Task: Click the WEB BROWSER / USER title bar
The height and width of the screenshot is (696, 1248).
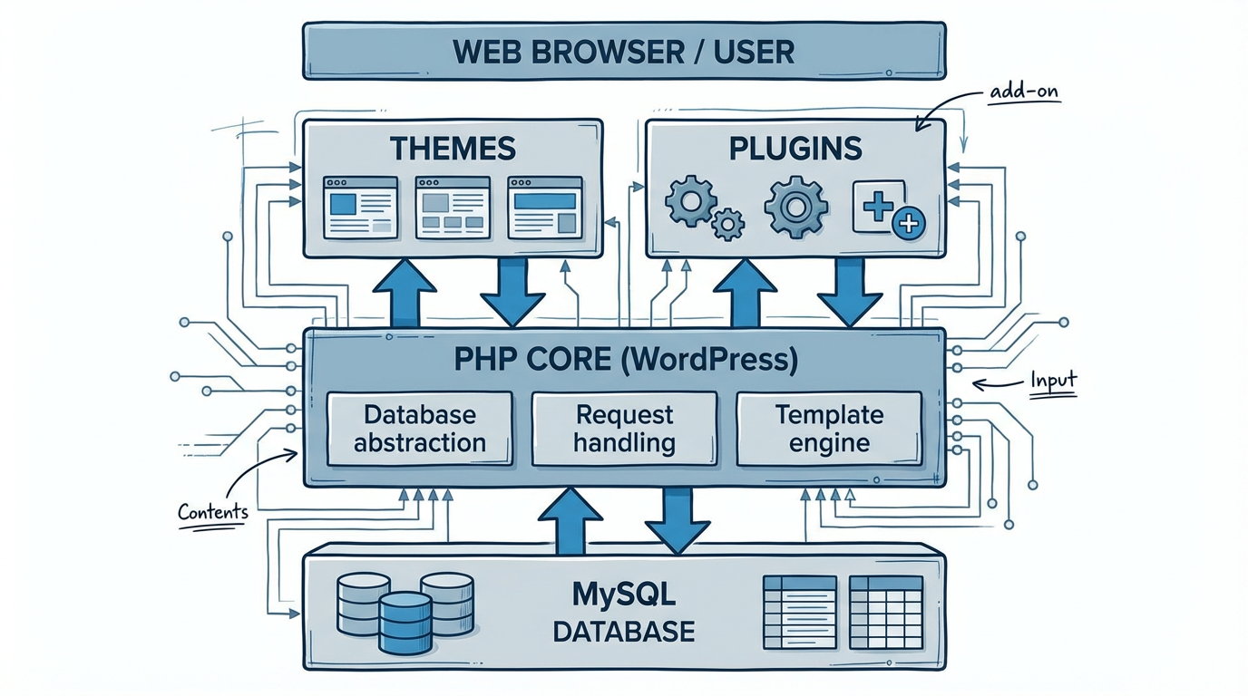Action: click(x=623, y=51)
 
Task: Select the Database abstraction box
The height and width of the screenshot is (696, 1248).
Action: click(x=419, y=429)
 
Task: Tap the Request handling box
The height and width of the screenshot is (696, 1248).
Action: click(x=624, y=429)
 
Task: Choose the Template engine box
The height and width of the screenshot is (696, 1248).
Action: click(x=829, y=429)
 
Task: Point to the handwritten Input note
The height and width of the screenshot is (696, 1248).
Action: click(x=1052, y=381)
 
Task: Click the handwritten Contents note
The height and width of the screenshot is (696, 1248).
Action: click(x=213, y=512)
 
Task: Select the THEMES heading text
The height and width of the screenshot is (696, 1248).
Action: click(x=453, y=148)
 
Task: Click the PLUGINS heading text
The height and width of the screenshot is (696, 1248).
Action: click(x=795, y=148)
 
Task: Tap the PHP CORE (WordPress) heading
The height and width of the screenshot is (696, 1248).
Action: click(x=624, y=360)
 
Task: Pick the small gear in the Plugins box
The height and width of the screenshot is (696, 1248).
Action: click(x=727, y=223)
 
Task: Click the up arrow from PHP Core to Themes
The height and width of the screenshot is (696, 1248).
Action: click(x=404, y=292)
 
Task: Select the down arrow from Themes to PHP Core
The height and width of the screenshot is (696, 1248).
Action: click(x=512, y=292)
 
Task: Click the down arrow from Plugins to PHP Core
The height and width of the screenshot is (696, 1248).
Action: click(x=849, y=292)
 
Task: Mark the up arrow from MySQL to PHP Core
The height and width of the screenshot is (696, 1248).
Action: click(x=570, y=519)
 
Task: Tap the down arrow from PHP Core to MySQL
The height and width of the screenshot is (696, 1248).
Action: click(x=677, y=519)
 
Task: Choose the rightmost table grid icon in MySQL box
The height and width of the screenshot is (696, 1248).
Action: click(x=885, y=613)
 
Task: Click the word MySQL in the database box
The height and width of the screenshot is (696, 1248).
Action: click(x=624, y=596)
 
